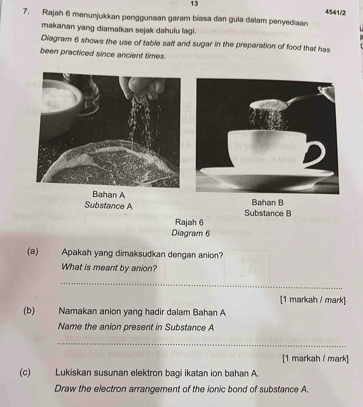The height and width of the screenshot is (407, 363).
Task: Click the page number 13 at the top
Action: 195,4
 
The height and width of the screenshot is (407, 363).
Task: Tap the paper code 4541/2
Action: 335,12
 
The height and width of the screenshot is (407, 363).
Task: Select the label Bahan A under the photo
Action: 108,195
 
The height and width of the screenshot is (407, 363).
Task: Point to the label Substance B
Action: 268,213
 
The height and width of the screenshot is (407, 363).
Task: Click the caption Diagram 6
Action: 190,233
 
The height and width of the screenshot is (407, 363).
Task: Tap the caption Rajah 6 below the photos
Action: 189,222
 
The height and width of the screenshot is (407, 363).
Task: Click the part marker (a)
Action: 33,252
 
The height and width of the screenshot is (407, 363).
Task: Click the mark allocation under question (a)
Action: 313,300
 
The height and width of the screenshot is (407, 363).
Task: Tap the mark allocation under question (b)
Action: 315,359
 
